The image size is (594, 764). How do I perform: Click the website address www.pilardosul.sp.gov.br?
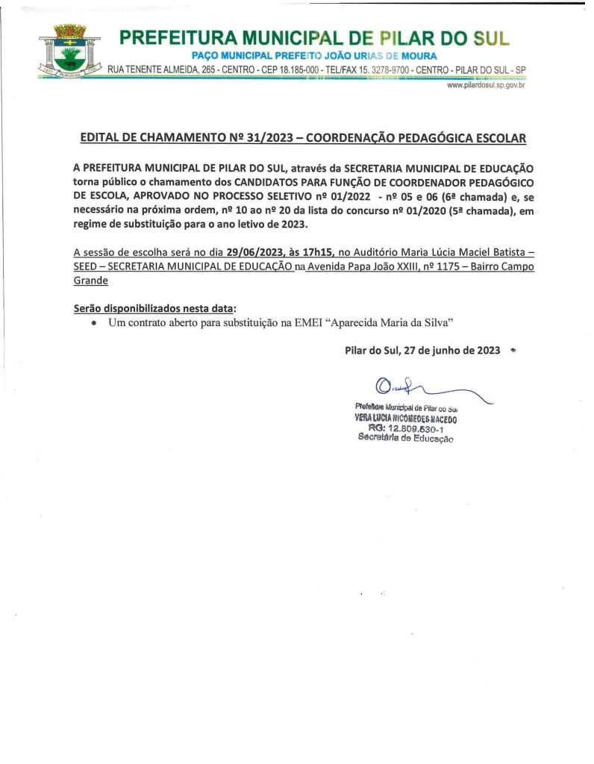pyautogui.click(x=486, y=86)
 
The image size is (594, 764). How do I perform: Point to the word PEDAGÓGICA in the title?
pyautogui.click(x=426, y=138)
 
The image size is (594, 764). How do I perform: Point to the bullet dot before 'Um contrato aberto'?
pyautogui.click(x=93, y=322)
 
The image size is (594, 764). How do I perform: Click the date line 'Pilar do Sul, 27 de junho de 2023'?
pyautogui.click(x=422, y=350)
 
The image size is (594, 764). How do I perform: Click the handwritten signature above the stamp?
pyautogui.click(x=418, y=390)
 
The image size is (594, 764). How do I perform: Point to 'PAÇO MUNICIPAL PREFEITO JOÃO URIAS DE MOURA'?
pyautogui.click(x=314, y=56)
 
